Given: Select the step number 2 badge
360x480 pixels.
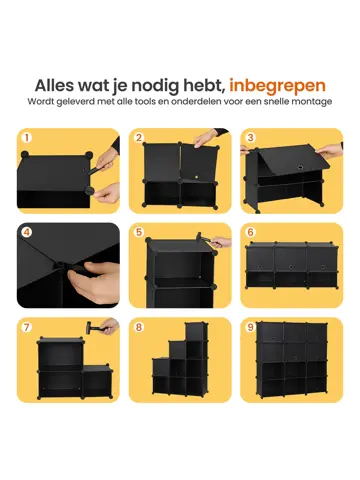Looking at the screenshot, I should (139, 138).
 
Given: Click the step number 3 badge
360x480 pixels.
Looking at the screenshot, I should (250, 138).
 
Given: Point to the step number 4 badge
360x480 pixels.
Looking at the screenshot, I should (27, 234).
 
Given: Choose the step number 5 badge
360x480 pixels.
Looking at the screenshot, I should (139, 234).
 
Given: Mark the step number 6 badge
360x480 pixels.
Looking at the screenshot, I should (250, 234).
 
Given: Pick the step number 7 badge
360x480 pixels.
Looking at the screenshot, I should (27, 328).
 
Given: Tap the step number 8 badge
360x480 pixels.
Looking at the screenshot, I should (139, 328).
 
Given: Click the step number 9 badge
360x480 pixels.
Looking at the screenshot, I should (250, 328).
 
